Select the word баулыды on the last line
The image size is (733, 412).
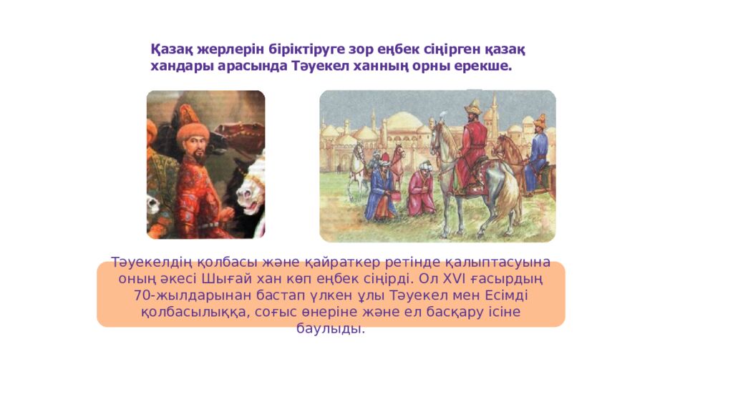point(330,329)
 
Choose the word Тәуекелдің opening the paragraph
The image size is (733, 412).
point(145,262)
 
